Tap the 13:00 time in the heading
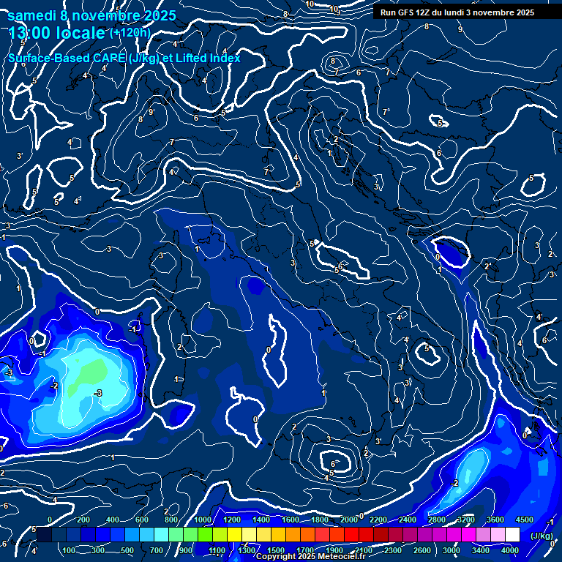[x=31, y=33]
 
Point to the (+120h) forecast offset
[x=130, y=32]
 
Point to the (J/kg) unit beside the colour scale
[x=541, y=535]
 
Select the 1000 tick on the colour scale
[x=202, y=520]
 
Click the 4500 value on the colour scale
[x=525, y=520]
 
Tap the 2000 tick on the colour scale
[x=348, y=520]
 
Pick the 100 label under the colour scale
[x=70, y=550]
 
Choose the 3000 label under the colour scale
[x=452, y=550]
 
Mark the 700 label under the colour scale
[x=157, y=550]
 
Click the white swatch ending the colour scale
[x=512, y=535]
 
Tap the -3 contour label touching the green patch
[x=99, y=393]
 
